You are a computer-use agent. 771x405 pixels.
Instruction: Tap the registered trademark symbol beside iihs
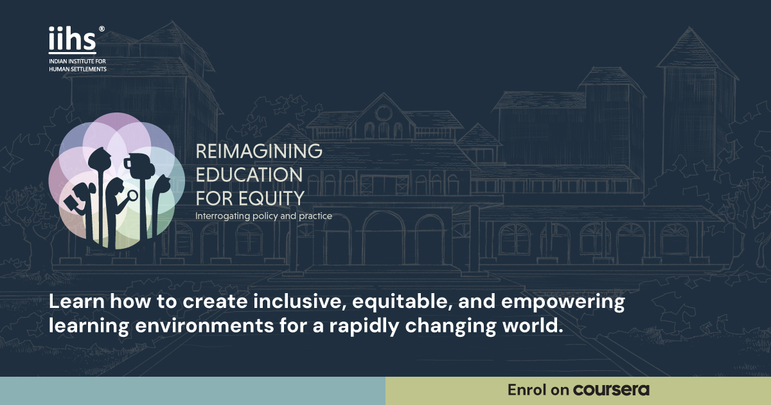[102, 29]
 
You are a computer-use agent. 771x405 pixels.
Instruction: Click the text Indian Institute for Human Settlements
[78, 65]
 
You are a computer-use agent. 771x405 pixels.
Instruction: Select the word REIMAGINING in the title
[259, 151]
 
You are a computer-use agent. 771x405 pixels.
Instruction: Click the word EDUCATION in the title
[249, 175]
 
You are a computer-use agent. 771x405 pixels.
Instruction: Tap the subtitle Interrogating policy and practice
[263, 216]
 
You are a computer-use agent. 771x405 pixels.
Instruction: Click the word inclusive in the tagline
[299, 301]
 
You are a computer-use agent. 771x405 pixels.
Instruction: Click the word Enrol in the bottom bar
[527, 390]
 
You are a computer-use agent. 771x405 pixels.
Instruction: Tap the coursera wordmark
[611, 390]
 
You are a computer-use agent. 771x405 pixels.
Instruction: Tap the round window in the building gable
[383, 113]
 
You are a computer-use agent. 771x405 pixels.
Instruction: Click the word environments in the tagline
[204, 326]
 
